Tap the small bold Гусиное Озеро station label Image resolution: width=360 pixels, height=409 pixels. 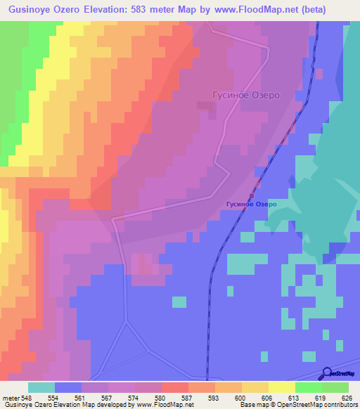pos(251,204)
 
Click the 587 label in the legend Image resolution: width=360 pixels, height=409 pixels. pos(187,398)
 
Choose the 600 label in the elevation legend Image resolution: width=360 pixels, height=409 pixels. pos(240,398)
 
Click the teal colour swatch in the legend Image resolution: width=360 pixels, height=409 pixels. pos(41,387)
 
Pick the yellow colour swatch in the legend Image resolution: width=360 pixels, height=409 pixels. pos(281,387)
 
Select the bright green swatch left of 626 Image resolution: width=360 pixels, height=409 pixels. pos(335,387)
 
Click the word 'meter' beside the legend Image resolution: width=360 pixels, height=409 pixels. pos(10,398)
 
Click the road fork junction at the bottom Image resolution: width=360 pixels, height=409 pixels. pos(126,323)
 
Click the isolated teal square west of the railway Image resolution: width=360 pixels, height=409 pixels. pos(179,302)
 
